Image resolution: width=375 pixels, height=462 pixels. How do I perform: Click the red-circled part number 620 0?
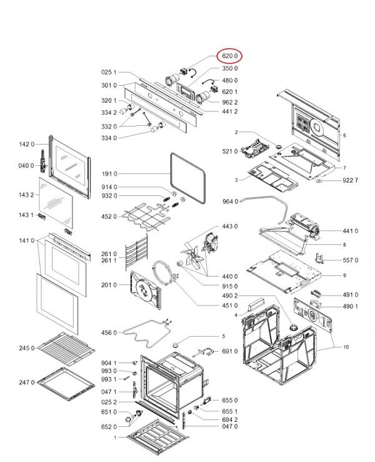click(x=229, y=56)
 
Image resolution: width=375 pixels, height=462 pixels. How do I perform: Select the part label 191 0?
click(x=108, y=173)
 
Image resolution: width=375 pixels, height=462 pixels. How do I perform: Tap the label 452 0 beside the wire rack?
click(x=108, y=217)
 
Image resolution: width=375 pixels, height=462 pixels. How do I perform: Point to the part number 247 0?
click(x=26, y=382)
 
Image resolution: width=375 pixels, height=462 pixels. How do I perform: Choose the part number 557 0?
click(x=350, y=260)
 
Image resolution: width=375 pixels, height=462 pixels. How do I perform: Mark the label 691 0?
click(x=230, y=352)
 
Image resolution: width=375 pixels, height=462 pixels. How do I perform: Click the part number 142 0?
click(x=26, y=145)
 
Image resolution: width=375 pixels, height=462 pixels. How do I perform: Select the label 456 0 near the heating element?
click(x=108, y=332)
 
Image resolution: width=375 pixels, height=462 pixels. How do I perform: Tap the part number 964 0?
click(x=230, y=202)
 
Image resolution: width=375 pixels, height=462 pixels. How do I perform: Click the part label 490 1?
click(x=350, y=306)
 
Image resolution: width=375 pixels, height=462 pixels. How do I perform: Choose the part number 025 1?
click(x=108, y=73)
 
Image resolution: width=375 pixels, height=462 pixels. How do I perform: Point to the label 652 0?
click(x=108, y=426)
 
